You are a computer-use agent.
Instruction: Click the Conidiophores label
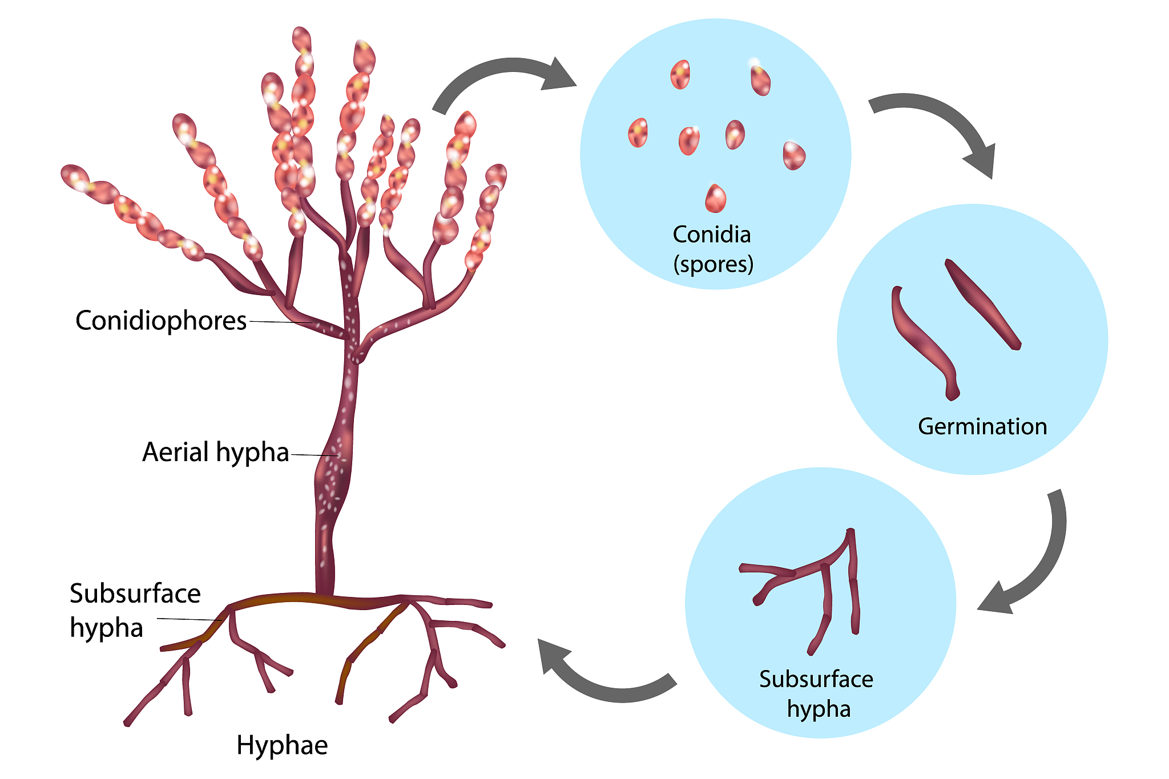160,321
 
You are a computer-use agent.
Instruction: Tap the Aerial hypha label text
215,452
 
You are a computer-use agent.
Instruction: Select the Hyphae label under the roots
282,745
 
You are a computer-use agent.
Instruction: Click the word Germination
982,426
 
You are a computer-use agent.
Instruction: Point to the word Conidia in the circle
711,235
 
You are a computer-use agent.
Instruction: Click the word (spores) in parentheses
713,264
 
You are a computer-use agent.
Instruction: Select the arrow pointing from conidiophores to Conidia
502,77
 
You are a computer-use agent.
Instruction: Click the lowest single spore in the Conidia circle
715,199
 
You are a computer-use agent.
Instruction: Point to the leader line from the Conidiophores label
280,322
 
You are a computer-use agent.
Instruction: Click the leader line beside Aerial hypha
314,455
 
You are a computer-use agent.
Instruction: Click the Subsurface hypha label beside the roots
135,611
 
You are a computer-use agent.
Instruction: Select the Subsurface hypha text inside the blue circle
816,694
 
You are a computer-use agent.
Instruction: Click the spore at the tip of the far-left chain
74,176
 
